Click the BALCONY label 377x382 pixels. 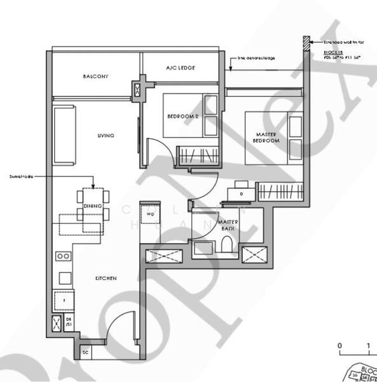pyautogui.click(x=95, y=76)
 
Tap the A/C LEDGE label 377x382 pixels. pyautogui.click(x=181, y=68)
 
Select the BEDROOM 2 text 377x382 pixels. pyautogui.click(x=184, y=117)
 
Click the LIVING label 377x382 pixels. pyautogui.click(x=106, y=136)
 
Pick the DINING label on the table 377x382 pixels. pyautogui.click(x=93, y=206)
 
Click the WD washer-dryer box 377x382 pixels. pyautogui.click(x=151, y=215)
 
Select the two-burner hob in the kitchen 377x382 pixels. pyautogui.click(x=64, y=256)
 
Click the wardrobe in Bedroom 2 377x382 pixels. pyautogui.click(x=195, y=155)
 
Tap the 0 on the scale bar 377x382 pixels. pyautogui.click(x=340, y=347)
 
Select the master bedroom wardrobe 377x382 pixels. pyautogui.click(x=280, y=190)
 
